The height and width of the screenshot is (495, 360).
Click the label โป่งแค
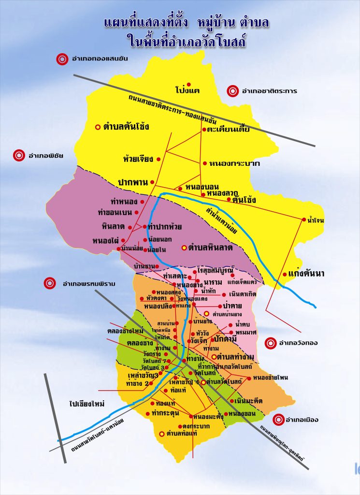(x=187, y=90)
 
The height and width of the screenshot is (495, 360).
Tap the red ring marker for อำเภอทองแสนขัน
(x=62, y=59)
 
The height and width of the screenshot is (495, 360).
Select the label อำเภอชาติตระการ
(x=269, y=90)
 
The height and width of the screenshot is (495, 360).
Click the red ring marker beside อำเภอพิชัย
(x=19, y=155)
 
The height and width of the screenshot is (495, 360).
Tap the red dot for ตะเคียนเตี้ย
(x=204, y=130)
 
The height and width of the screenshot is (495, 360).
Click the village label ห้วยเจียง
(x=138, y=159)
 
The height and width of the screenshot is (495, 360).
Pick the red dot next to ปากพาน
(x=152, y=182)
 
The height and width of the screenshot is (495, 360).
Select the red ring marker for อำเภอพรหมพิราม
(x=50, y=283)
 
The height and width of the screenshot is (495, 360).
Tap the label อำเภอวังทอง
(x=298, y=343)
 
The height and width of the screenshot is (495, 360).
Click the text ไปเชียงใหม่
(x=87, y=403)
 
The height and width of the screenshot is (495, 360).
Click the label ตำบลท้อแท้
(x=182, y=434)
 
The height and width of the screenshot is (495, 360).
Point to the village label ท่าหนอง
(x=124, y=202)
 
